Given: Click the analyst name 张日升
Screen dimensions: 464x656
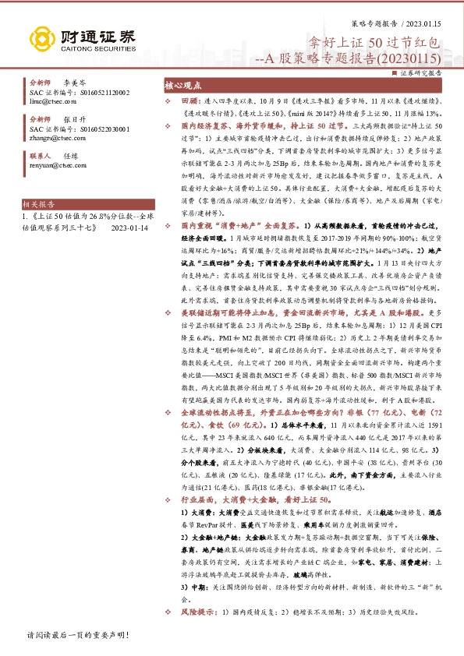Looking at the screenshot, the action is [73, 118].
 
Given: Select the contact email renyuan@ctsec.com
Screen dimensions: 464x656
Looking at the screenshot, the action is [58, 165].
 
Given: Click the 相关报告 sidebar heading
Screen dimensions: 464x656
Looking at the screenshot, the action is [46, 200].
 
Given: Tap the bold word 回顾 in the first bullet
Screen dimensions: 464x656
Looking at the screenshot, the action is [190, 102].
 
